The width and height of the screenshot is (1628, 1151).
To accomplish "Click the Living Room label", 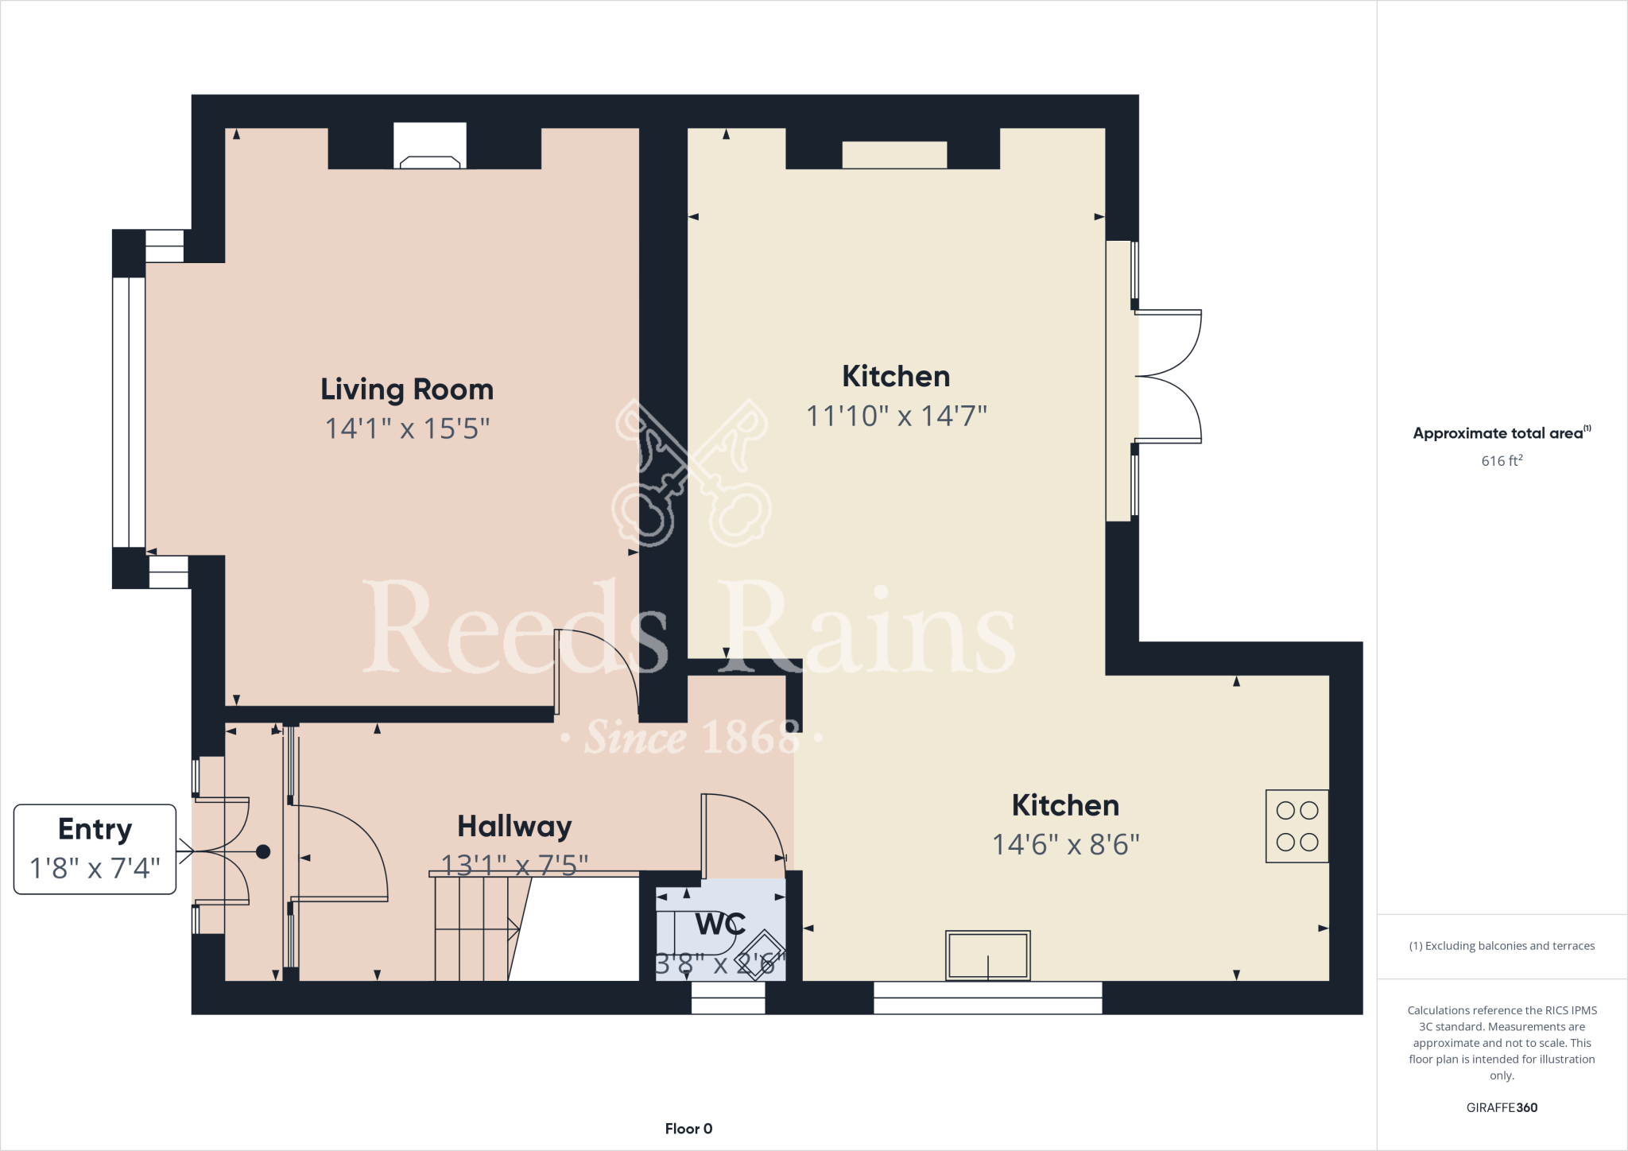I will click(x=407, y=389).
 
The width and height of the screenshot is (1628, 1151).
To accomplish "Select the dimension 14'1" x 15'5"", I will click(x=407, y=428).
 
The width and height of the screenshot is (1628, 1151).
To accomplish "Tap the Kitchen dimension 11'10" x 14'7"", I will click(x=896, y=415).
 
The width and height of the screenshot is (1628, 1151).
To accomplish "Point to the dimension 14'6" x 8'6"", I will click(x=1065, y=844).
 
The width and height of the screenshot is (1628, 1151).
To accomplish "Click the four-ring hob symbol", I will click(x=1297, y=826).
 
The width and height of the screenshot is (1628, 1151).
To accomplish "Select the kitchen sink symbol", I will click(x=987, y=955).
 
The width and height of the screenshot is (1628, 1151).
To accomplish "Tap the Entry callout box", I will click(x=95, y=849).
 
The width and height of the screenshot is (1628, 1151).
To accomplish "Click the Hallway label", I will click(x=514, y=827).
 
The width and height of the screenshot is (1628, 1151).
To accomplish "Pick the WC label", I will click(x=720, y=924).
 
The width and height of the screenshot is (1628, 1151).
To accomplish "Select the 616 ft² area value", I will click(x=1502, y=461).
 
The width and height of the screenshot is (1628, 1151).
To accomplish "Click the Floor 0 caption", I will click(x=688, y=1129).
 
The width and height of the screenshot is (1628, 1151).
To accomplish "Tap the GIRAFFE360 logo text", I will click(x=1502, y=1107).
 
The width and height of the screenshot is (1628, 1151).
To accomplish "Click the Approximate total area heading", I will click(x=1501, y=433).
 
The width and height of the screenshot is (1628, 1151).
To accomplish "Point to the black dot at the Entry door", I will click(x=263, y=852).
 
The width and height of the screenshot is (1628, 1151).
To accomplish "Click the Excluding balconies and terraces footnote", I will click(x=1502, y=946).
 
